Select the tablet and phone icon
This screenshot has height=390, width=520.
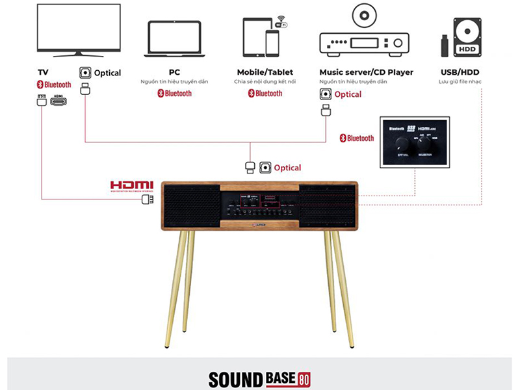point(261,38)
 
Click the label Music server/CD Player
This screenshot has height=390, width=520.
point(366,72)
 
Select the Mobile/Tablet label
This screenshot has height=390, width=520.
point(265,72)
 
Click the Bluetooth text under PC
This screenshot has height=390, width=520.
point(174,94)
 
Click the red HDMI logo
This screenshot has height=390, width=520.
point(131,185)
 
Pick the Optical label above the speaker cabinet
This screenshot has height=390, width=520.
point(287,168)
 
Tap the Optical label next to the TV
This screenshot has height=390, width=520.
point(107,73)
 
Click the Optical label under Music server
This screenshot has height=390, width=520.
point(348,94)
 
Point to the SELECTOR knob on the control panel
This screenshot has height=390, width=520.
point(426,141)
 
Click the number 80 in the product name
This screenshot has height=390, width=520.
point(305,378)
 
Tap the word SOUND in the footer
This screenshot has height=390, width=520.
point(235,379)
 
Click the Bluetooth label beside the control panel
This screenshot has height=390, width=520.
point(357,138)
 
